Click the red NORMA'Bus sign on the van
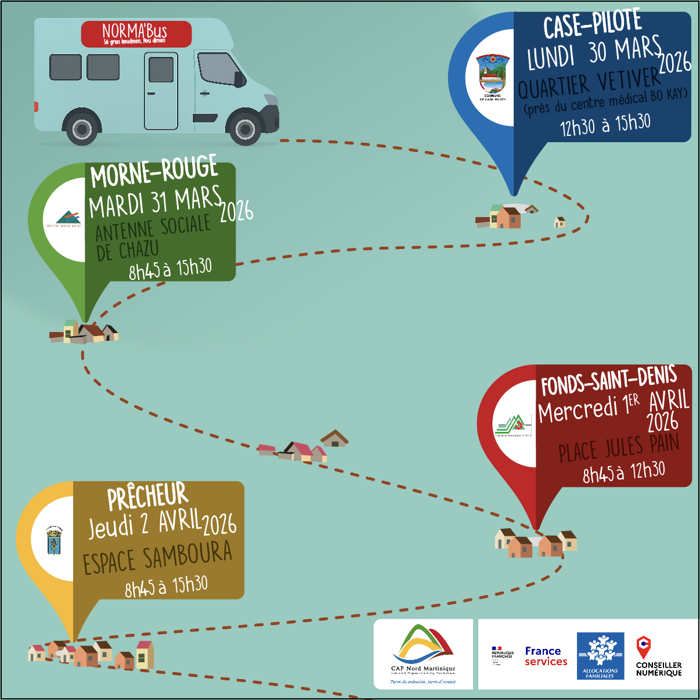coord(136,34)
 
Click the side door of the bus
coord(161,91)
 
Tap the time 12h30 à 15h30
coord(605,124)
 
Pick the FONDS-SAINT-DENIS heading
coord(608,380)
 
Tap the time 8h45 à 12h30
coord(623,472)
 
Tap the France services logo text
coord(546,656)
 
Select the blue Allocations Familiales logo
coord(600,655)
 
